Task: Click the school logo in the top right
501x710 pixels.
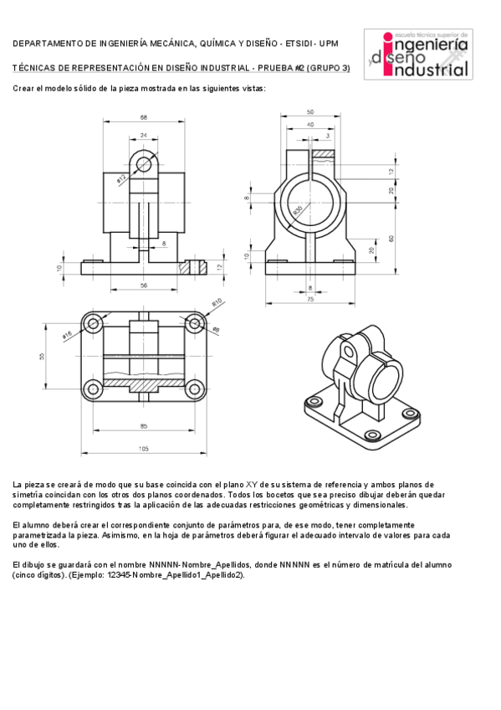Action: [427, 54]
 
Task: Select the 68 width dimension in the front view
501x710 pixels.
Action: [144, 117]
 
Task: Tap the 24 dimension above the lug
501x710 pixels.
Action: [144, 134]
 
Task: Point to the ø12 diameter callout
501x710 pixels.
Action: [121, 178]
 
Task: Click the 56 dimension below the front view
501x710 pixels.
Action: [144, 286]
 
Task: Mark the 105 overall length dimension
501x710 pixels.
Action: [144, 450]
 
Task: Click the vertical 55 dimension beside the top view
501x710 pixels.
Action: [42, 356]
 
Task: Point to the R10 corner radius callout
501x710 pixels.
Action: [216, 302]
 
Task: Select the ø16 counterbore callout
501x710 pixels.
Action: [67, 336]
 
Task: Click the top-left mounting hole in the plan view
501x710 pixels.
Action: [93, 322]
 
